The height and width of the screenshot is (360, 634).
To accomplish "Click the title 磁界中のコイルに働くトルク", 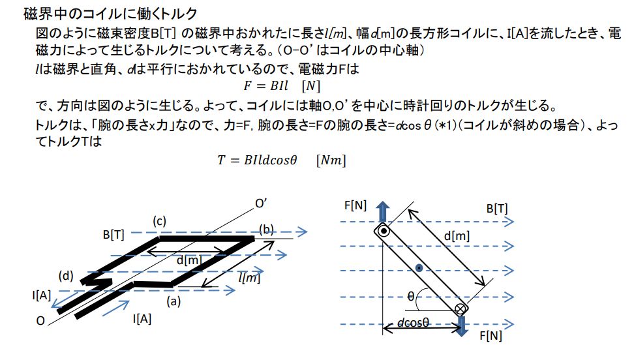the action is click(x=110, y=14).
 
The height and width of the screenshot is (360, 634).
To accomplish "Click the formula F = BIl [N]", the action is click(x=282, y=85).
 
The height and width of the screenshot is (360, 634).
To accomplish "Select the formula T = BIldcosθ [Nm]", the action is click(x=281, y=160).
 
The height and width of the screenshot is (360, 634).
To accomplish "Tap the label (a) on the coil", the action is click(x=174, y=301).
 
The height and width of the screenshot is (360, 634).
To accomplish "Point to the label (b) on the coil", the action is click(x=267, y=230).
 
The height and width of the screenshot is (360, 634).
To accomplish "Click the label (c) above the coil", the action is click(x=159, y=221).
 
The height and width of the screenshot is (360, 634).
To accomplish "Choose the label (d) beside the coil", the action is click(x=66, y=276).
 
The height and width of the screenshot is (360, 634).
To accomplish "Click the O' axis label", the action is click(x=261, y=203).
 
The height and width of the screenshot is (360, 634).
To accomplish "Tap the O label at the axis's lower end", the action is click(x=40, y=321).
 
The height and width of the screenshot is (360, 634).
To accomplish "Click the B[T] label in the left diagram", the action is click(x=113, y=235).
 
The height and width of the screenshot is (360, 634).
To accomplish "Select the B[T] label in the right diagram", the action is click(x=497, y=209).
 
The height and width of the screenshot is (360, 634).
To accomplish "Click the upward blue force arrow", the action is click(x=382, y=212).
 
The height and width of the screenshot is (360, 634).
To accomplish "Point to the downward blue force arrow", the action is click(x=461, y=326).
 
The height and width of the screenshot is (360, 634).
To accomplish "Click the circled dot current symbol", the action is click(x=384, y=232).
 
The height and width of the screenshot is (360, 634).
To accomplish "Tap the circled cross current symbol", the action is click(x=460, y=309).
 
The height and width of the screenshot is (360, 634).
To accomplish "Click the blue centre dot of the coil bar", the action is click(x=419, y=268).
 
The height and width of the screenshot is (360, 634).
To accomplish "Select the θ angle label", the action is click(x=411, y=297).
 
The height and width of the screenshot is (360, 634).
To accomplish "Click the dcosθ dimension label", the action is click(x=413, y=322).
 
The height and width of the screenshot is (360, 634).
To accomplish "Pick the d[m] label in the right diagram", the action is click(x=457, y=235).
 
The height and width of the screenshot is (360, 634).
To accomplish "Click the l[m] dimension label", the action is click(x=249, y=277).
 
